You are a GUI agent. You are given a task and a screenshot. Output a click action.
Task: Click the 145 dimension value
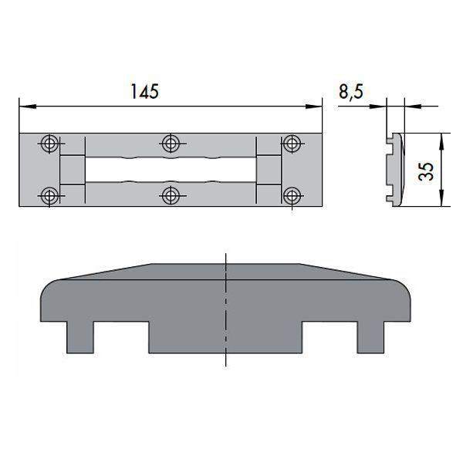pos(144,91)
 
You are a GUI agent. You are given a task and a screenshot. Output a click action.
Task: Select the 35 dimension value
pos(425,171)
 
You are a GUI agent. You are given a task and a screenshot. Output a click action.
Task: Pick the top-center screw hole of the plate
pos(171,143)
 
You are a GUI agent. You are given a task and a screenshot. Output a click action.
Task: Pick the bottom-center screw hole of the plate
pos(171,194)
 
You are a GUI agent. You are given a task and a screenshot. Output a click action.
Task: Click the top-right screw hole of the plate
pos(291,143)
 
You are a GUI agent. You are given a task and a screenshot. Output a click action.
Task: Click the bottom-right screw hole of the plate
pos(291,194)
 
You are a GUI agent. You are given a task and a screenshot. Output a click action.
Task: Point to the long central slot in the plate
pos(170,168)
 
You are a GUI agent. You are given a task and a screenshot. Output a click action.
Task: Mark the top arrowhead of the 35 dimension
pos(441,137)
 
